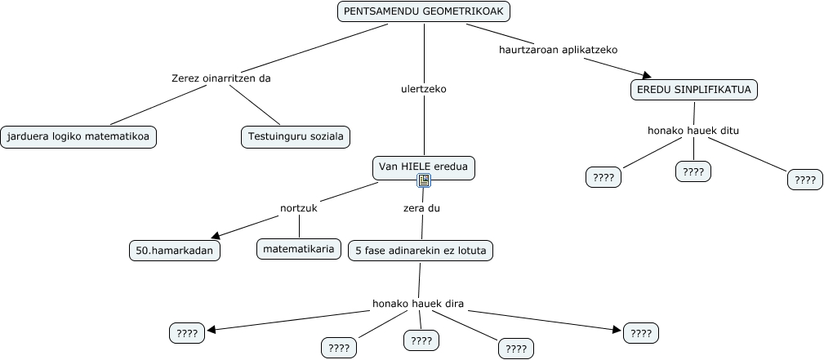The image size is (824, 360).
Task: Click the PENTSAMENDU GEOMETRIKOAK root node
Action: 424,12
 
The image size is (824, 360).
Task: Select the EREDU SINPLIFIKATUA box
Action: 694,90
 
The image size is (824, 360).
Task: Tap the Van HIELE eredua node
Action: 423,168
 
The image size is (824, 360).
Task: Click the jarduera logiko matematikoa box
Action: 78,136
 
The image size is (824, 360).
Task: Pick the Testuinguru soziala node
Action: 295,136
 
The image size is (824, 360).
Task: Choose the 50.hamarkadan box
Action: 174,251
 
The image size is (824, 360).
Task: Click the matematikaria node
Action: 299,249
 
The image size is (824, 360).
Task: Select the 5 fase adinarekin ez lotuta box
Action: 421,251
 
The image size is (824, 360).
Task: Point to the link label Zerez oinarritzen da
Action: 220,78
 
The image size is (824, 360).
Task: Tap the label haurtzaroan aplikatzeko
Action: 558,49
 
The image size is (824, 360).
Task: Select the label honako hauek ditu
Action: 693,130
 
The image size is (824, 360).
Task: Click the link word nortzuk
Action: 298,208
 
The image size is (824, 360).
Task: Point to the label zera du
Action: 421,208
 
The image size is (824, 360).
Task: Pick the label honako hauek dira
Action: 418,304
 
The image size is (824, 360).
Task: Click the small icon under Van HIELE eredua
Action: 424,180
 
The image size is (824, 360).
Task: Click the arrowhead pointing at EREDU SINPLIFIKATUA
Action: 646,75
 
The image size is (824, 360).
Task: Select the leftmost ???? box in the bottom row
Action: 187,333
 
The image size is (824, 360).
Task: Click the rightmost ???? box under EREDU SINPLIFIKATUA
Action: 804,180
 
